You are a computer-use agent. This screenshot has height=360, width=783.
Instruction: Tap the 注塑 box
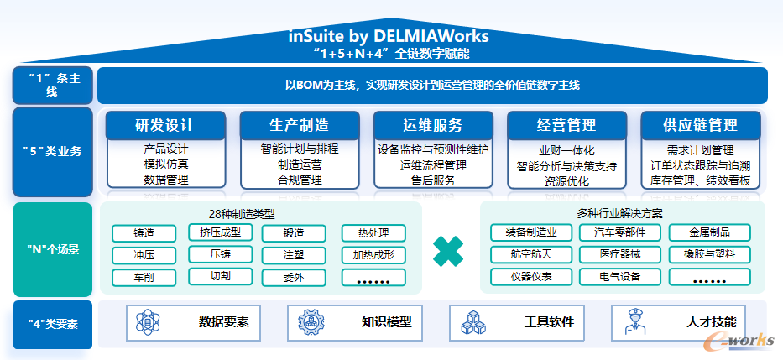(294, 255)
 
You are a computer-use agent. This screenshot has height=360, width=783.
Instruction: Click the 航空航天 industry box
(525, 254)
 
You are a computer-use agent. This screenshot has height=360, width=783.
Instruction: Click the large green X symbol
(449, 249)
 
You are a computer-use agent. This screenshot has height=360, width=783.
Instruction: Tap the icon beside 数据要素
(148, 322)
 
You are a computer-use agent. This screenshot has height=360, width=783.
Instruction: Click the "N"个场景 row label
(53, 249)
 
